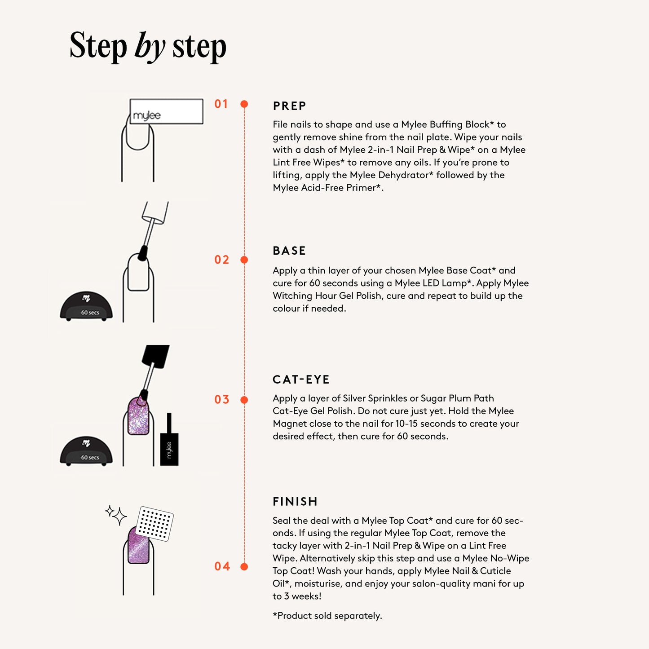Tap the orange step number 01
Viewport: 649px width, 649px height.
point(221,104)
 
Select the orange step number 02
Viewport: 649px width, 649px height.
point(221,260)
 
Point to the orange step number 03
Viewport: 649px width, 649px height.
point(221,399)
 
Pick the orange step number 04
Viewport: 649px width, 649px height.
point(222,566)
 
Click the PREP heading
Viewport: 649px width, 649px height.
point(289,106)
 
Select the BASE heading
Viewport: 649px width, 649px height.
point(289,251)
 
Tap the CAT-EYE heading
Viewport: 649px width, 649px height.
point(301,380)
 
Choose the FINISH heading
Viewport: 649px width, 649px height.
point(295,502)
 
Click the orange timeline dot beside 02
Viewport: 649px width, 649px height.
point(244,260)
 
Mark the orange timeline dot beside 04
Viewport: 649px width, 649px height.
point(244,567)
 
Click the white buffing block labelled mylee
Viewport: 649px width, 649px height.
point(166,111)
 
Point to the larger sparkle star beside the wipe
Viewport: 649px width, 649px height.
point(119,517)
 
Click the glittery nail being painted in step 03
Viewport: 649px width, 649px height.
point(138,415)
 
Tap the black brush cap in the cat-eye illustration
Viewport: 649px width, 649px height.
point(155,356)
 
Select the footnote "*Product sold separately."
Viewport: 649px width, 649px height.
point(327,616)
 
